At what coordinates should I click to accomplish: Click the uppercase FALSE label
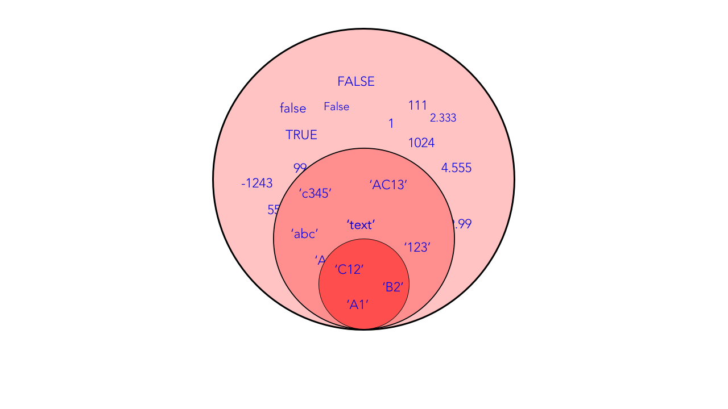[356, 82]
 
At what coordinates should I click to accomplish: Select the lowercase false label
[293, 108]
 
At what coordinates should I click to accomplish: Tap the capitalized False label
[337, 107]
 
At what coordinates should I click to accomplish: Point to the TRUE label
[301, 135]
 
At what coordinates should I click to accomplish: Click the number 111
[417, 106]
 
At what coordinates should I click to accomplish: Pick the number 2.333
[443, 118]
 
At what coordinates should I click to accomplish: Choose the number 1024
[421, 143]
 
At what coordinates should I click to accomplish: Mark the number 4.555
[456, 168]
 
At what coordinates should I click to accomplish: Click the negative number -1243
[257, 183]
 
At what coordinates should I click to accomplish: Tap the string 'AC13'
[388, 185]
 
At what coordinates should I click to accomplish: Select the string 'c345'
[315, 194]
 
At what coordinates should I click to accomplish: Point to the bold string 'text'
[361, 225]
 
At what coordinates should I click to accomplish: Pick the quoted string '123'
[417, 248]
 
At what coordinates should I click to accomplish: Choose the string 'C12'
[349, 270]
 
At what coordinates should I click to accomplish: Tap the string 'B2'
[393, 287]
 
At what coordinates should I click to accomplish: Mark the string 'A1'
[358, 305]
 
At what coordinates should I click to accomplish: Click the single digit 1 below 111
[391, 124]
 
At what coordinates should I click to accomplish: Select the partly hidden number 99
[299, 168]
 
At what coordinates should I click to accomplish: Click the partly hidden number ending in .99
[463, 224]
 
